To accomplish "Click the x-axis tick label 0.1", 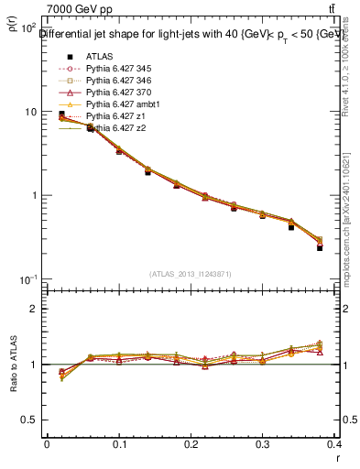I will tap(118, 443).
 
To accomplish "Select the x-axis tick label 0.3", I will tap(263, 443).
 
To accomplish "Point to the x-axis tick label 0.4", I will tap(334, 443).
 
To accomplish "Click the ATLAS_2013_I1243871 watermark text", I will tap(190, 274).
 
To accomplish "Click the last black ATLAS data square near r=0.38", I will tap(320, 247).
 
